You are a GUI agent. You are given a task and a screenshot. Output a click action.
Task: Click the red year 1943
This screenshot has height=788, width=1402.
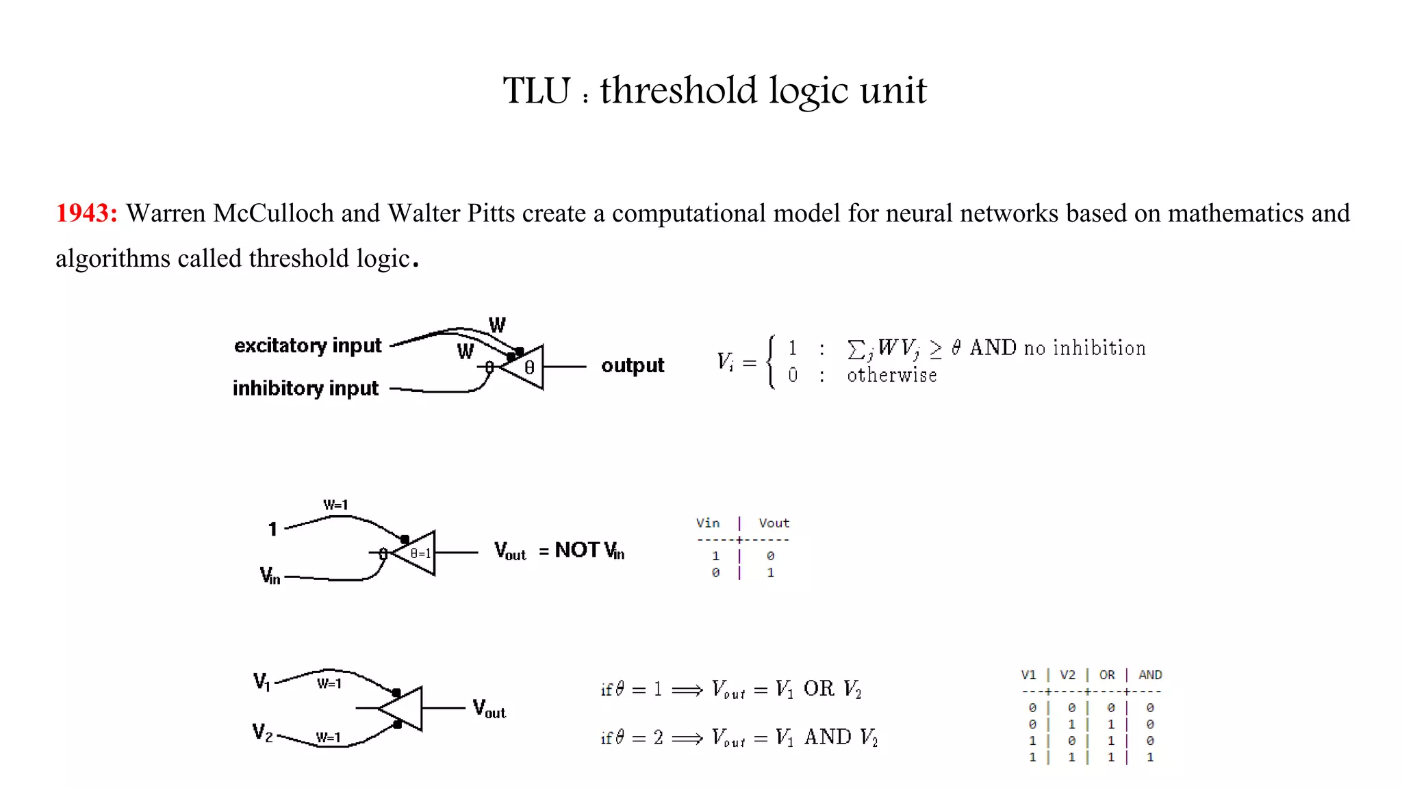[x=86, y=213]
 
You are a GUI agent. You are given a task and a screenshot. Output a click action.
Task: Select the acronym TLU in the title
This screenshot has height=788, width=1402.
[x=537, y=91]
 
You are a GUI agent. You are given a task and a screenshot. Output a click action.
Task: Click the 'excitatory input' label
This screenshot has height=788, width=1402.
[x=307, y=345]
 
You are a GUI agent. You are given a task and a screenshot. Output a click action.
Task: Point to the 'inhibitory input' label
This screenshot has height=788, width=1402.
[x=305, y=389]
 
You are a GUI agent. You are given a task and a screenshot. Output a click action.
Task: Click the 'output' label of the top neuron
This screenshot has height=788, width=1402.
[x=633, y=365]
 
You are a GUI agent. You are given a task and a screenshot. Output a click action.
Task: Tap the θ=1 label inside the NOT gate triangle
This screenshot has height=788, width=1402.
[x=420, y=553]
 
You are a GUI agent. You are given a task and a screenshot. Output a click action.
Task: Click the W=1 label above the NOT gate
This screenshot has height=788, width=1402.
[x=335, y=505]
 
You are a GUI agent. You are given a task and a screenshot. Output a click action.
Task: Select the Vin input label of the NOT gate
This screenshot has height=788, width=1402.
[x=270, y=575]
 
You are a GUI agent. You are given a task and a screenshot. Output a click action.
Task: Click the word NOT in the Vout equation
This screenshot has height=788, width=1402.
[x=577, y=550]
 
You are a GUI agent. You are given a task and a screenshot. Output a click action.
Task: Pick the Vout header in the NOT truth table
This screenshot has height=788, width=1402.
[x=774, y=523]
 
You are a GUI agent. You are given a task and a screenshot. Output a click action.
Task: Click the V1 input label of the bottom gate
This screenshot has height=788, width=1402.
[x=262, y=681]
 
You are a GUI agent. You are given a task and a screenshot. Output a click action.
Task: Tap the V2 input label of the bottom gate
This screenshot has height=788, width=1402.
[x=262, y=733]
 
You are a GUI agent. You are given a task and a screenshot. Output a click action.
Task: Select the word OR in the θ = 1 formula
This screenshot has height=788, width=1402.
[x=819, y=689]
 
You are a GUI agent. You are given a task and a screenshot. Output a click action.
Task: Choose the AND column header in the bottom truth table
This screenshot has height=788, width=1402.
[x=1150, y=675]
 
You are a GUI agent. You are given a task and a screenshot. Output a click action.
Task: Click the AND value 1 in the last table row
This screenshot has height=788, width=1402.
[x=1150, y=757]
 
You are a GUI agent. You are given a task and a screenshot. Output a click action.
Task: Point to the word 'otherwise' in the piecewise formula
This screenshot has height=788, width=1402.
[x=891, y=376]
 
